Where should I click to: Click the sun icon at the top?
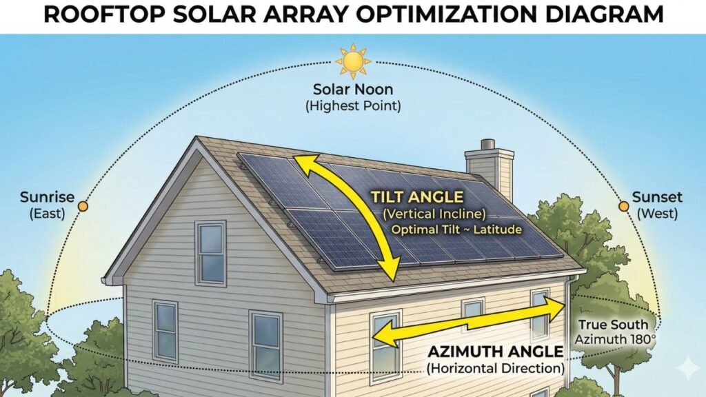(353, 62)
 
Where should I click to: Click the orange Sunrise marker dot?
(83, 206)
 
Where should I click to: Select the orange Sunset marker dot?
(624, 206)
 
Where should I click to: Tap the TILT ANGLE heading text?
(417, 197)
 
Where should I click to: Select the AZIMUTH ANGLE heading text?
(494, 352)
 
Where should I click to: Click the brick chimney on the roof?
(490, 169)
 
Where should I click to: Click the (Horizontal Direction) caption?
(494, 369)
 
